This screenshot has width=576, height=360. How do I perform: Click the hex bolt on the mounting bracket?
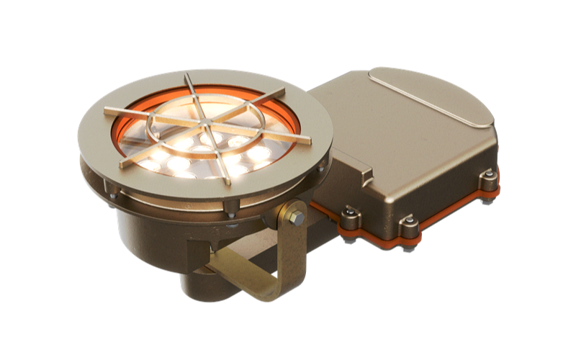coord(293,217)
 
